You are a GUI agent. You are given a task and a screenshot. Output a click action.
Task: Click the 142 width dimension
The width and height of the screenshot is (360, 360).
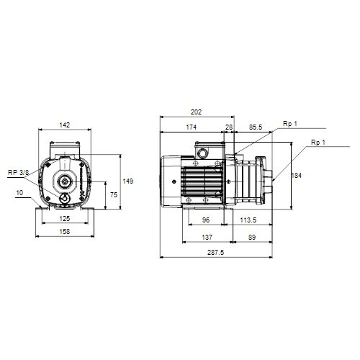65,125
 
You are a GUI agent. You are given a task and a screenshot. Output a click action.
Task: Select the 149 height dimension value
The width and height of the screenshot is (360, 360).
128,181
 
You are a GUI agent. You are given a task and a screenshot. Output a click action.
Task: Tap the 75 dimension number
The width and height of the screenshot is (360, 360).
114,194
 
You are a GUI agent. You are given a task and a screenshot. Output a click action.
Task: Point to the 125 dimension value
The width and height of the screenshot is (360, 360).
65,218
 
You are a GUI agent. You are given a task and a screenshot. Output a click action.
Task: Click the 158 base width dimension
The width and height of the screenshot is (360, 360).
65,232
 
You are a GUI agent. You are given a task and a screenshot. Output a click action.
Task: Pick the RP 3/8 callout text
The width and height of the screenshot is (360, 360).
18,172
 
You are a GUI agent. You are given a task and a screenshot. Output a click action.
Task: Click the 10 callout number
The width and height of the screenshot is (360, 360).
19,193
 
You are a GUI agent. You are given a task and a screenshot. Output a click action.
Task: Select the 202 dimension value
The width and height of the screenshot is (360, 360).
196,112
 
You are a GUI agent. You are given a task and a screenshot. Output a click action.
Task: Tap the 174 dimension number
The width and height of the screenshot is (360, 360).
192,127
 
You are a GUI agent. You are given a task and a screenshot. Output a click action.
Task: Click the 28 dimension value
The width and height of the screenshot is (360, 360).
229,127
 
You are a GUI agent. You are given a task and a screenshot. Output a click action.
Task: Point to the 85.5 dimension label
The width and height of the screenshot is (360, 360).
256,127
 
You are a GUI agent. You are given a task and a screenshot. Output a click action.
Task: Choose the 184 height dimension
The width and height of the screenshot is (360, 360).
296,176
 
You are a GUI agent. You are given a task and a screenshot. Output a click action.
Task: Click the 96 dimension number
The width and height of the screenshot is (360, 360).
206,220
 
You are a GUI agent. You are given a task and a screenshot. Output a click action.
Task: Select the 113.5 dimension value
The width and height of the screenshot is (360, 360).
248,220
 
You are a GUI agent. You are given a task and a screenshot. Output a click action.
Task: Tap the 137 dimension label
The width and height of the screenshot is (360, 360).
207,237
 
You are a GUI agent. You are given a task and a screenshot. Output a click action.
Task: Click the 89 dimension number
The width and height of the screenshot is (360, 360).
252,237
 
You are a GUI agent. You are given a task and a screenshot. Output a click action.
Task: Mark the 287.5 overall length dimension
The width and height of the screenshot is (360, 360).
215,252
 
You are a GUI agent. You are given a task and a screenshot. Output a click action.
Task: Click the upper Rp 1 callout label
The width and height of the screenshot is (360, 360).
290,124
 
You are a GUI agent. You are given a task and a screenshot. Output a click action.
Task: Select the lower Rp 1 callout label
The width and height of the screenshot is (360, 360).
318,143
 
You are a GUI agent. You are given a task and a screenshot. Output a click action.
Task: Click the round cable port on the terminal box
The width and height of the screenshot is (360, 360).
202,153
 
